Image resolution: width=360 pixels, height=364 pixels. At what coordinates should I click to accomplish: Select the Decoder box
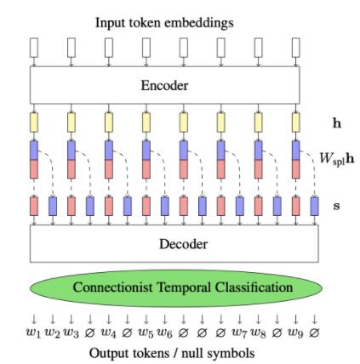[x=174, y=244]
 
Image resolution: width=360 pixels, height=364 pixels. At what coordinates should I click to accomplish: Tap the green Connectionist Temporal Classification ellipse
[x=175, y=287]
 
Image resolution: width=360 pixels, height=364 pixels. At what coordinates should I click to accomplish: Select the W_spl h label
[x=333, y=158]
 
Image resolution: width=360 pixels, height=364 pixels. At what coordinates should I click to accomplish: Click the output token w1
[x=33, y=333]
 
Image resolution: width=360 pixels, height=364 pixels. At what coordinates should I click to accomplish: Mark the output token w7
[x=241, y=333]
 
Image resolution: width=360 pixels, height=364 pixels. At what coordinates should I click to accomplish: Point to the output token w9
[x=296, y=333]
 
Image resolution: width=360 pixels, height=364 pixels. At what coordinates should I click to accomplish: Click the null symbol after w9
[x=314, y=332]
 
